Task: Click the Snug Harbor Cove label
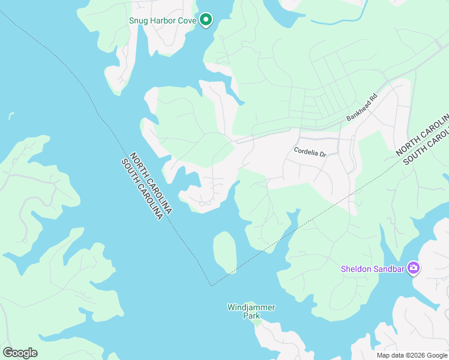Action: (x=163, y=20)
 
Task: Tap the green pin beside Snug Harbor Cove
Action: (x=206, y=20)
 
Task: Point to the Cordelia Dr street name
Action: (x=310, y=152)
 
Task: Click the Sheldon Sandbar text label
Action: (x=373, y=268)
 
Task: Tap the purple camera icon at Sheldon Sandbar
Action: (x=413, y=268)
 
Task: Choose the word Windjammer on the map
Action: (x=251, y=307)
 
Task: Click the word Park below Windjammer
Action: (x=251, y=315)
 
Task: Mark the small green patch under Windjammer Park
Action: (x=256, y=323)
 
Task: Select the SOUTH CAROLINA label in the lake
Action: (x=142, y=188)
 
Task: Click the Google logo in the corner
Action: (x=20, y=353)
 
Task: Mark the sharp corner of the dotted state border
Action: (x=211, y=286)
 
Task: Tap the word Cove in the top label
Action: (x=187, y=20)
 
